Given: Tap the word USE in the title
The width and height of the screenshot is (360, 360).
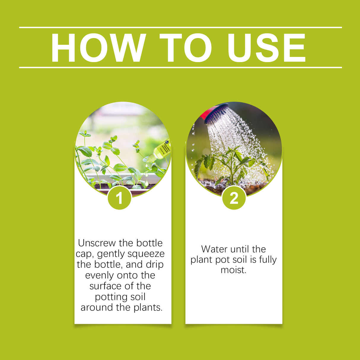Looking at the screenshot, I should [x=266, y=48].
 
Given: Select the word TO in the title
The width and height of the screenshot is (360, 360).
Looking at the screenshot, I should [x=186, y=48].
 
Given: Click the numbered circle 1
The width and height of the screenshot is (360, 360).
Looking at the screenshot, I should [x=119, y=198].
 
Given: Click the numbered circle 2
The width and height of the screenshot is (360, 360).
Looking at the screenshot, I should [x=234, y=198].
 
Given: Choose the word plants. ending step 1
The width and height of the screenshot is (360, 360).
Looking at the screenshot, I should [x=148, y=308].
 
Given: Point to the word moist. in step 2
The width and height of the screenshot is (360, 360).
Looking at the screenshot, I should [x=233, y=270].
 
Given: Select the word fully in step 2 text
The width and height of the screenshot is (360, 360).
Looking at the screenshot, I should [x=268, y=259].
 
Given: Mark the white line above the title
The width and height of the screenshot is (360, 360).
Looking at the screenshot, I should [x=180, y=28].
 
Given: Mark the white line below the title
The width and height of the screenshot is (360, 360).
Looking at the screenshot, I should [x=180, y=67].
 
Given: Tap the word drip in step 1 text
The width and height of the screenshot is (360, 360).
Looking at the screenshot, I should [x=154, y=265].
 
